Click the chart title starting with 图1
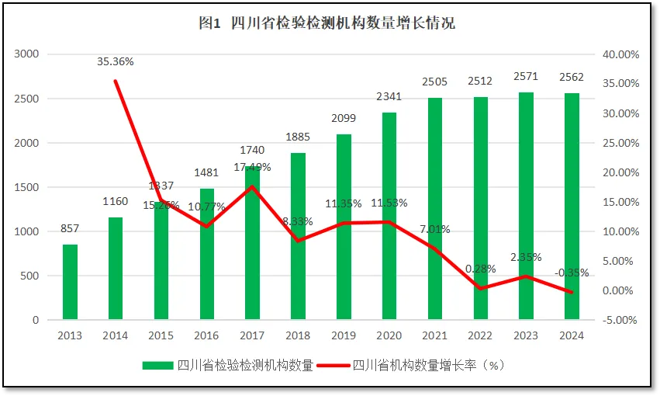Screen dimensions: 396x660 [327, 23]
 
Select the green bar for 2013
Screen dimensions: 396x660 [70, 283]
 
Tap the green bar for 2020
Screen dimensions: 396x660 [389, 217]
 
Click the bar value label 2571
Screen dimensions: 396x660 [526, 77]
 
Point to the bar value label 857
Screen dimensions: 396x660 [70, 228]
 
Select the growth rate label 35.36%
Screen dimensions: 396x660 [116, 61]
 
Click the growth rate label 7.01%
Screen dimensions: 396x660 [435, 229]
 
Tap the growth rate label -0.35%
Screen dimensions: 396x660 [572, 273]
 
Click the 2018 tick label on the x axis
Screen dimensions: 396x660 [298, 335]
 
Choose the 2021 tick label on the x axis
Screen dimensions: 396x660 [435, 335]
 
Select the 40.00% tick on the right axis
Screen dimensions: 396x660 [620, 54]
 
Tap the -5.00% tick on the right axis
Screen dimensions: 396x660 [620, 320]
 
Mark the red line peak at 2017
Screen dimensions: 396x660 [253, 186]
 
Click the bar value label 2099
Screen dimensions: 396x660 [344, 118]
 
